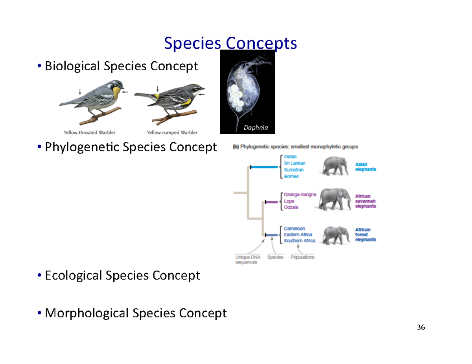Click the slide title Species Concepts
coord(230,44)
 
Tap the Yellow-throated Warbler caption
coord(90,132)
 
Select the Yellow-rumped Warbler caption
coord(172,132)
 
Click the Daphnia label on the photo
coord(255,127)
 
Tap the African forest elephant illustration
coord(335,235)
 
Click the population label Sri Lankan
coord(295,163)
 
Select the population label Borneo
coord(291,177)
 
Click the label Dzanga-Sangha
coord(300,194)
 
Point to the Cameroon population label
coord(295,228)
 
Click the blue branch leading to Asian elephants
coord(264,167)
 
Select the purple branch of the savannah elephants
coord(271,202)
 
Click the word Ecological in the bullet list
coord(73,276)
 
